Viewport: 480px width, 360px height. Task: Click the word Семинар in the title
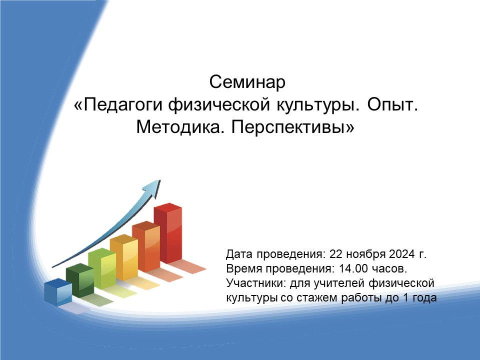[x=247, y=82]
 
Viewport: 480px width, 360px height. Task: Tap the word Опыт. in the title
[x=393, y=104]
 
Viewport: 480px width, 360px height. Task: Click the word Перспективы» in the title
[x=292, y=126]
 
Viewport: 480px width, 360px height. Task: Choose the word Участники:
[x=255, y=283]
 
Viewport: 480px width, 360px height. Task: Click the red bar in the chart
[x=168, y=233]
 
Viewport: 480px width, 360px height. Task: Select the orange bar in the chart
[x=146, y=246]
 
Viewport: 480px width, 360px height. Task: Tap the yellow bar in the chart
[x=124, y=257]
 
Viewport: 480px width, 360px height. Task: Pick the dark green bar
[x=80, y=280]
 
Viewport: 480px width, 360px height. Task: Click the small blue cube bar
[x=58, y=292]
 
